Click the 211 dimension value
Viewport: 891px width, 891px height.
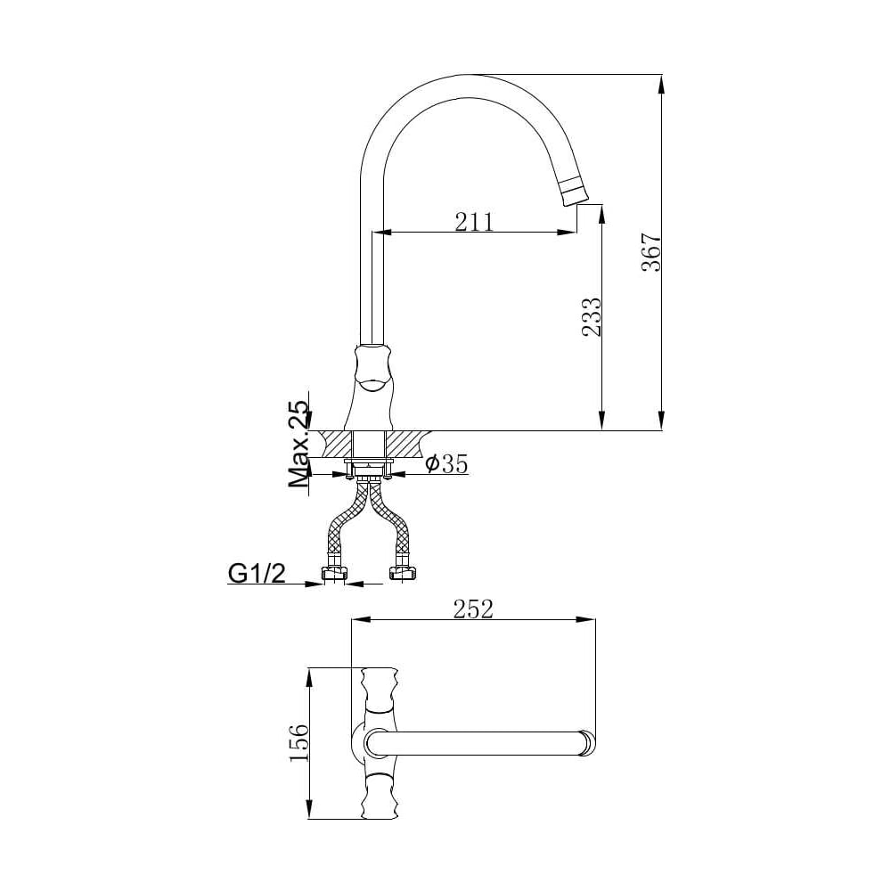point(474,222)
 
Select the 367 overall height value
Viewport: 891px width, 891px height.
point(651,252)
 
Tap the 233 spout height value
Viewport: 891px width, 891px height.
point(591,316)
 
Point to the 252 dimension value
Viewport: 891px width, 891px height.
point(473,609)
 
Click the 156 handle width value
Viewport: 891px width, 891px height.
point(299,743)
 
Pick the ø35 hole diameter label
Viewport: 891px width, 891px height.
point(446,464)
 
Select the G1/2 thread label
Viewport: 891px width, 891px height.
point(257,574)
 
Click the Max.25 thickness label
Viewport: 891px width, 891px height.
point(299,444)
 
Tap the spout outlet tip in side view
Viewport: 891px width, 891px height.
point(575,196)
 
